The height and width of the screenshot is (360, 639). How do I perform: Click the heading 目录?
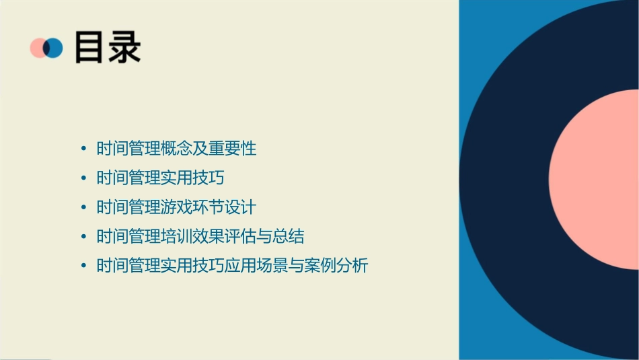coord(108,47)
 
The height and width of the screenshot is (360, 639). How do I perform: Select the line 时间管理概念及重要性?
coord(176,148)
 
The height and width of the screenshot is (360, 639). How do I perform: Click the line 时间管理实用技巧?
coord(160,178)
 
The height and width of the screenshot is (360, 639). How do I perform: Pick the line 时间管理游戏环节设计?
coord(176,207)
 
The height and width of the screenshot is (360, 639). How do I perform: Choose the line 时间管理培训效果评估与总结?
coord(200,236)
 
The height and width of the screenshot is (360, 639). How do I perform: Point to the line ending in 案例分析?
coord(232,266)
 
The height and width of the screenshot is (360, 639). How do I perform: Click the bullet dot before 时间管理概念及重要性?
coord(83,149)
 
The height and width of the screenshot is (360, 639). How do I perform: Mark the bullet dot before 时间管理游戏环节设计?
coord(83,207)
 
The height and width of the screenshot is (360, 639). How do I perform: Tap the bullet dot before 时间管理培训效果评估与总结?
coord(83,237)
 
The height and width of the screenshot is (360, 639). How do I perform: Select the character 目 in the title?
coord(89,47)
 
